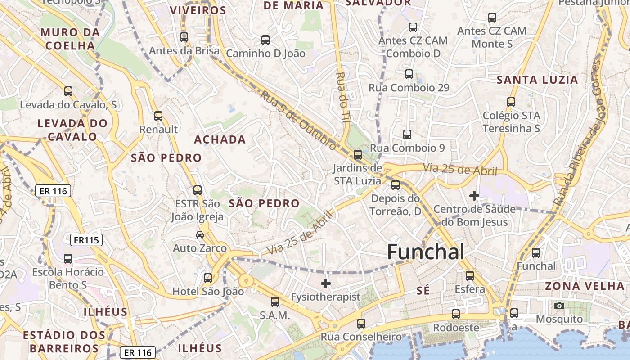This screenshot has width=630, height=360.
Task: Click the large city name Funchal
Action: pyautogui.click(x=425, y=252)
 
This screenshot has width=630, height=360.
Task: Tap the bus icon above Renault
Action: pyautogui.click(x=158, y=116)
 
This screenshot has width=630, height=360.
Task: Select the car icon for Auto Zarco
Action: pyautogui.click(x=200, y=234)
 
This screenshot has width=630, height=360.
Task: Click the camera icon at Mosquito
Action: pyautogui.click(x=559, y=306)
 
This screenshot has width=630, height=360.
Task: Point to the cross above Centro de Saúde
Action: pyautogui.click(x=474, y=196)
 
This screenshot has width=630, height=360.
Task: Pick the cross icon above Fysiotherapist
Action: pyautogui.click(x=325, y=283)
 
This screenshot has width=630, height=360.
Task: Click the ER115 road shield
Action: pyautogui.click(x=86, y=240)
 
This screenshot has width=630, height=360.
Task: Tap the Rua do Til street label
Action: pyautogui.click(x=343, y=97)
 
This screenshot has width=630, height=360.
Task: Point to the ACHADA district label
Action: pyautogui.click(x=220, y=140)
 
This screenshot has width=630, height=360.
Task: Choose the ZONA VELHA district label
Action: pyautogui.click(x=585, y=286)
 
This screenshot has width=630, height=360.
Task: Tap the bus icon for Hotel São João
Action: pyautogui.click(x=208, y=278)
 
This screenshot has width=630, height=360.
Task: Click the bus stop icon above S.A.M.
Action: pyautogui.click(x=274, y=302)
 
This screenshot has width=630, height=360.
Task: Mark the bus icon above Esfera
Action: pyautogui.click(x=470, y=276)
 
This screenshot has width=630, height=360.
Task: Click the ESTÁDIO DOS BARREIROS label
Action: pyautogui.click(x=64, y=342)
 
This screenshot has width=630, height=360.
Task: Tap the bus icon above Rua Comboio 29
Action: pyautogui.click(x=409, y=74)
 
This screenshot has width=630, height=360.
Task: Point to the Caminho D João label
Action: pyautogui.click(x=265, y=54)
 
